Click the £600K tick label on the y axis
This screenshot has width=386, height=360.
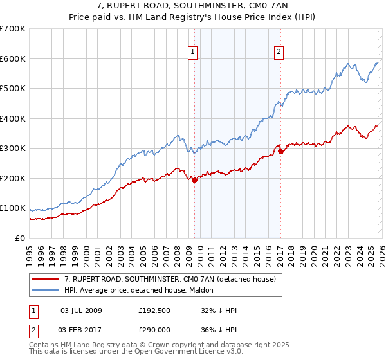(x=13, y=59)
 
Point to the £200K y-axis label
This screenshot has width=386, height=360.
(x=13, y=178)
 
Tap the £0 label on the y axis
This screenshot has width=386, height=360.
(x=21, y=238)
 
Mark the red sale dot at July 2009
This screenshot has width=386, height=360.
(x=194, y=181)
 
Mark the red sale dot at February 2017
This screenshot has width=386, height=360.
(x=280, y=152)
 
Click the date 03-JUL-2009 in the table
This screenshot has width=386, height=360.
(x=81, y=310)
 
